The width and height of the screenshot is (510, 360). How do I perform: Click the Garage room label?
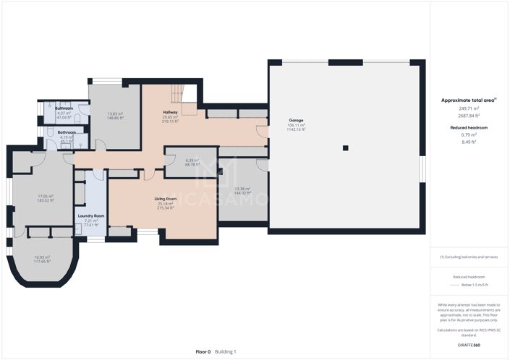(296, 121)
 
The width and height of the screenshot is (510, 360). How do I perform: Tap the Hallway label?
(171, 113)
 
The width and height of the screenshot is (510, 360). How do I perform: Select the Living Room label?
(166, 198)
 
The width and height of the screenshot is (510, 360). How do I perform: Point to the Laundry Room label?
(91, 216)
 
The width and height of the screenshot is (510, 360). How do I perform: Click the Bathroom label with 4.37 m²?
(64, 108)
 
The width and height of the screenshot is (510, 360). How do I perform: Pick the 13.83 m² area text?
(115, 113)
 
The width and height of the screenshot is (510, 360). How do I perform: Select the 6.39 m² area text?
(192, 160)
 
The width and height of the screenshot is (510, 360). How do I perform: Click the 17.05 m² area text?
(46, 196)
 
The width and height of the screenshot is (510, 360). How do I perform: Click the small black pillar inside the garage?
(345, 148)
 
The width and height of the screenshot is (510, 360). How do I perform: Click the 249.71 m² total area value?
(469, 109)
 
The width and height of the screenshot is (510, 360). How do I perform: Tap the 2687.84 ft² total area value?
(469, 116)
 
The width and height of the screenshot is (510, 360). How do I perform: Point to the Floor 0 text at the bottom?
(203, 351)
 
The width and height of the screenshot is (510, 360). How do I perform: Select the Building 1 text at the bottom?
(226, 351)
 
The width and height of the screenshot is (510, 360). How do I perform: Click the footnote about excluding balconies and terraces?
(469, 257)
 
